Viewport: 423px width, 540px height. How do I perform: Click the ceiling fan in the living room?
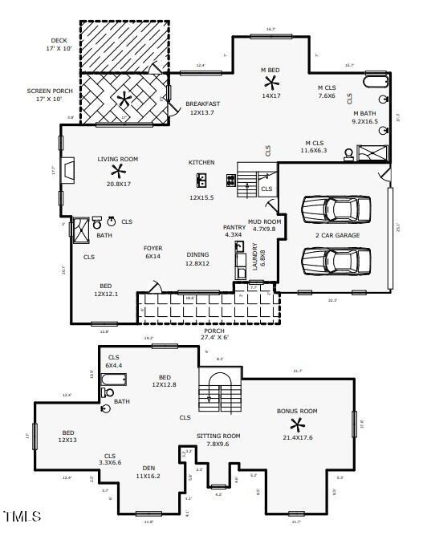click(x=119, y=171)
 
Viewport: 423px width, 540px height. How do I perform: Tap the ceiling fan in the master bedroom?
click(x=270, y=83)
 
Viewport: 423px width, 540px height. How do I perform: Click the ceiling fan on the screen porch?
click(x=124, y=99)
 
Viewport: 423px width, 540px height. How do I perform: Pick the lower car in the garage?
click(x=336, y=261)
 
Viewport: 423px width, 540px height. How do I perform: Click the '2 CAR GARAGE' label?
click(x=337, y=235)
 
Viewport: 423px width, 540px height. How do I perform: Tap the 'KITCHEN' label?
click(x=201, y=162)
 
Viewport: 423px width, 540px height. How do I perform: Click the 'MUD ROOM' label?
click(x=264, y=221)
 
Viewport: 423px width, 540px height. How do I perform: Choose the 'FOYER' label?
click(x=153, y=248)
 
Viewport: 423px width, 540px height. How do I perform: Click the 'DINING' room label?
click(x=197, y=254)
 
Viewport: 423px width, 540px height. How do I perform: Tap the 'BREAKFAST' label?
click(x=202, y=104)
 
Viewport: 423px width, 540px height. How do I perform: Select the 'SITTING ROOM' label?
click(x=218, y=436)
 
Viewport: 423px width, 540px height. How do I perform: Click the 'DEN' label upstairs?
click(x=148, y=468)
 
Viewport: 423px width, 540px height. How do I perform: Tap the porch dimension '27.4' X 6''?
click(x=214, y=338)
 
